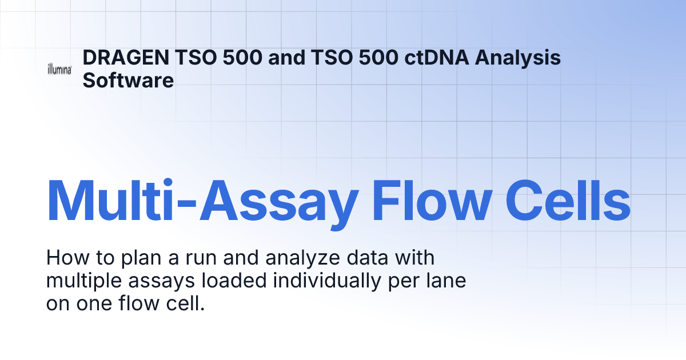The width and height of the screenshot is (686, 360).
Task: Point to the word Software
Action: (x=128, y=80)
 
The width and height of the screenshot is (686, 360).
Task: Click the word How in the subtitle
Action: (x=65, y=258)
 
